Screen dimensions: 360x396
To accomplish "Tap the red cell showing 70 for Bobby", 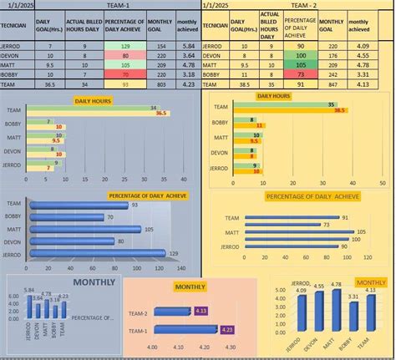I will coord(124,74).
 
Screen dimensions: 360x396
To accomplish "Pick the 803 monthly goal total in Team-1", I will coord(162,84).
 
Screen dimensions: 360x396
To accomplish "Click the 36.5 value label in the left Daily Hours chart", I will coord(162,113).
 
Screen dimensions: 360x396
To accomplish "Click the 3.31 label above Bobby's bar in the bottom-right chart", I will coord(353,297).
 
